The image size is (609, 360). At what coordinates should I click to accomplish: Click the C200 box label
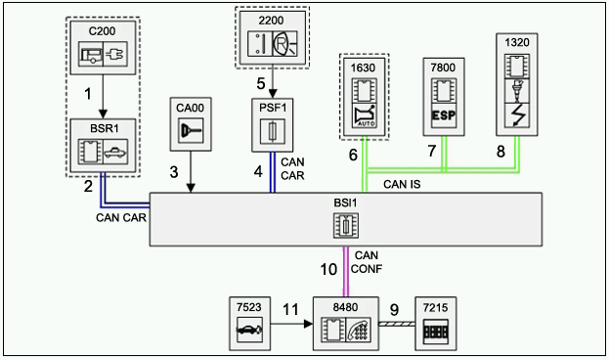[x=102, y=31]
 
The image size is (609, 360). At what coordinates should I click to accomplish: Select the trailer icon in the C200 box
[x=91, y=55]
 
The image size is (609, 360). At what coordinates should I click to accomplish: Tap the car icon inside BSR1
[x=115, y=152]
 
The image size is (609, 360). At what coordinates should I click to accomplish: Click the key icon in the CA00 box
[x=191, y=130]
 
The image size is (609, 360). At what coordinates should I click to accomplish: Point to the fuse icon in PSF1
[x=273, y=131]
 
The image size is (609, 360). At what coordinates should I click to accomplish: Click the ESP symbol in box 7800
[x=444, y=115]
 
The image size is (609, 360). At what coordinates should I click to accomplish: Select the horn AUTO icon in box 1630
[x=365, y=115]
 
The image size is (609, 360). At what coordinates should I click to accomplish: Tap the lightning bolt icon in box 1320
[x=517, y=115]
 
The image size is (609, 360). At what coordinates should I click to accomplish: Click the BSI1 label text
[x=345, y=202]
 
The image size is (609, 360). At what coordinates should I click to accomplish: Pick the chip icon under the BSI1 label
[x=346, y=225]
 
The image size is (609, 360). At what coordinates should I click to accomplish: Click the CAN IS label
[x=402, y=184]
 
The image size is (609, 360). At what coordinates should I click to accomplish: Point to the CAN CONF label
[x=367, y=262]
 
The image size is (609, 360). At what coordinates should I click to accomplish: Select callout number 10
[x=328, y=269]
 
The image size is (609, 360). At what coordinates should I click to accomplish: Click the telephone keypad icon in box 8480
[x=359, y=330]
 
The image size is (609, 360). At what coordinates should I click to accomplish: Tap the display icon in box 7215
[x=436, y=331]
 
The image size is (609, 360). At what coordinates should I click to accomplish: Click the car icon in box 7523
[x=249, y=330]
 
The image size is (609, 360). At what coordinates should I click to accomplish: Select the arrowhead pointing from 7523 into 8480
[x=308, y=324]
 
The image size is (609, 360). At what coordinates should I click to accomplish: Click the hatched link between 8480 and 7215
[x=397, y=324]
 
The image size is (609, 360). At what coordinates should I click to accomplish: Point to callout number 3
[x=174, y=172]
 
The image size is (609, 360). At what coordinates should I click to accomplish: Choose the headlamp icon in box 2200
[x=284, y=43]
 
